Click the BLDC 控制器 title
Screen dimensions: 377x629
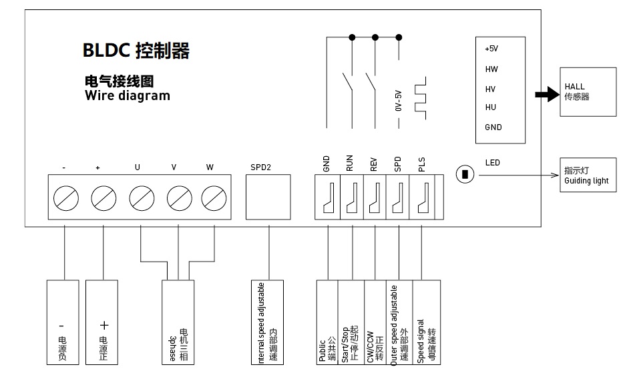[x=136, y=51]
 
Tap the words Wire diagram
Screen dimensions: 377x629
[x=128, y=95]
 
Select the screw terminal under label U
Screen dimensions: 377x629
[x=141, y=198]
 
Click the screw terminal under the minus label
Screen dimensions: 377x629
[x=65, y=198]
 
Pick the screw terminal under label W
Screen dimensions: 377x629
[x=214, y=198]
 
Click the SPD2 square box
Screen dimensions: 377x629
[x=269, y=196]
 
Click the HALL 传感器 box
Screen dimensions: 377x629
[x=588, y=92]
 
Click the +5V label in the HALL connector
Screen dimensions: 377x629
[x=491, y=49]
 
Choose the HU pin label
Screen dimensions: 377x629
[x=491, y=107]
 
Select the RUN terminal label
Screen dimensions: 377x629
[x=350, y=164]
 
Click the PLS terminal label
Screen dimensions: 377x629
[x=422, y=164]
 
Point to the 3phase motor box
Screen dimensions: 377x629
[x=178, y=322]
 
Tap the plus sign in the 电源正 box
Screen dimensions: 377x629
[x=103, y=326]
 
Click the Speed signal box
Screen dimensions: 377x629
[x=427, y=322]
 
